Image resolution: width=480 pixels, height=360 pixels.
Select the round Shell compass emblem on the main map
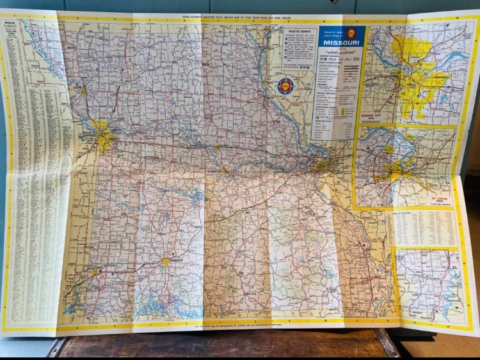(285, 85)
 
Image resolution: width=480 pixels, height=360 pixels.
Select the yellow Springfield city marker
(166, 261)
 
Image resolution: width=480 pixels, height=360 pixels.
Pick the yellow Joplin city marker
(95, 271)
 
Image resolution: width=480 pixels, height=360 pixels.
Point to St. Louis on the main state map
(322, 166)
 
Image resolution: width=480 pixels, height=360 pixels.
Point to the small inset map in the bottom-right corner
(428, 285)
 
